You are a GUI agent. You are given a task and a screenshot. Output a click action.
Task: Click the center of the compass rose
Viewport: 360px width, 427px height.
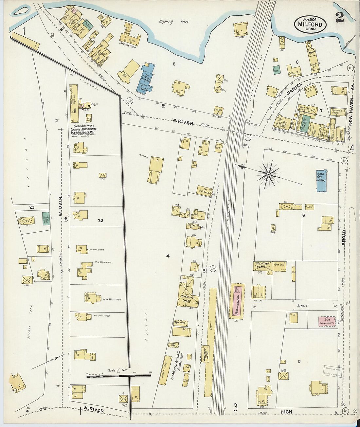(268, 174)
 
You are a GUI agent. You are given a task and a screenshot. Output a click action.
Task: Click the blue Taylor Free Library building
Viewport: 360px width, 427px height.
(321, 180)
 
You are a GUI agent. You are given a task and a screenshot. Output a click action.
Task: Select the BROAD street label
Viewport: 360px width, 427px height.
(344, 237)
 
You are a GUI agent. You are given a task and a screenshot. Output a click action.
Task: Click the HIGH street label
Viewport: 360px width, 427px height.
(286, 412)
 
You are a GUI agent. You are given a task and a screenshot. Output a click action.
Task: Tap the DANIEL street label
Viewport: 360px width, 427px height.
(294, 89)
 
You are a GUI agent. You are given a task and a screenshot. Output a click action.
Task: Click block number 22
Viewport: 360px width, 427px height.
(100, 221)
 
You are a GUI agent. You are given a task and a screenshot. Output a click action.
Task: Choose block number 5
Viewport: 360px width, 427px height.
(299, 361)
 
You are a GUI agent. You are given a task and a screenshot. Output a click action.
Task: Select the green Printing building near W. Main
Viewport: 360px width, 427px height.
(45, 218)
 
